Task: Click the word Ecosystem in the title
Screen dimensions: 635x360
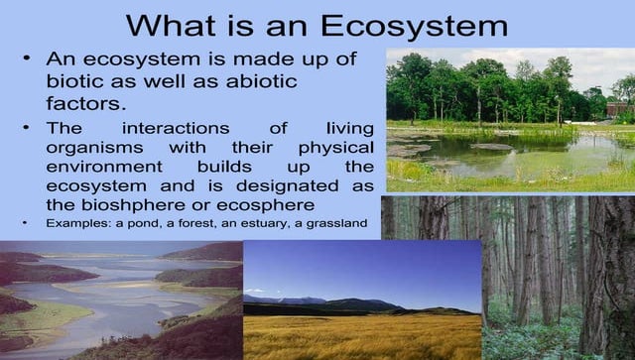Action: [x=414, y=26]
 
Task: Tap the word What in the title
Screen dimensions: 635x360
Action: [x=171, y=26]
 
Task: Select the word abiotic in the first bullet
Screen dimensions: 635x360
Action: [x=262, y=81]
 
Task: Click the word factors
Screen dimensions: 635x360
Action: [x=86, y=103]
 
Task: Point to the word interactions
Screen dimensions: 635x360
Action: [x=176, y=128]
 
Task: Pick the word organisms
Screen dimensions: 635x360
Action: [x=95, y=148]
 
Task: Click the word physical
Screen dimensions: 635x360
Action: [x=336, y=148]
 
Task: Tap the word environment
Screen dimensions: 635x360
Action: [x=104, y=167]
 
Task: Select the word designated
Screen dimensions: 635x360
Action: [x=287, y=185]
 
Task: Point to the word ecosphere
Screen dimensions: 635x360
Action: [x=266, y=205]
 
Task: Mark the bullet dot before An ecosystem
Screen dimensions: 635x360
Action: [x=27, y=59]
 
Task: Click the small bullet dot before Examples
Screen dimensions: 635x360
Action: [x=25, y=223]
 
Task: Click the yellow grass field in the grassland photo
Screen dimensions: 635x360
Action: [x=362, y=337]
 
